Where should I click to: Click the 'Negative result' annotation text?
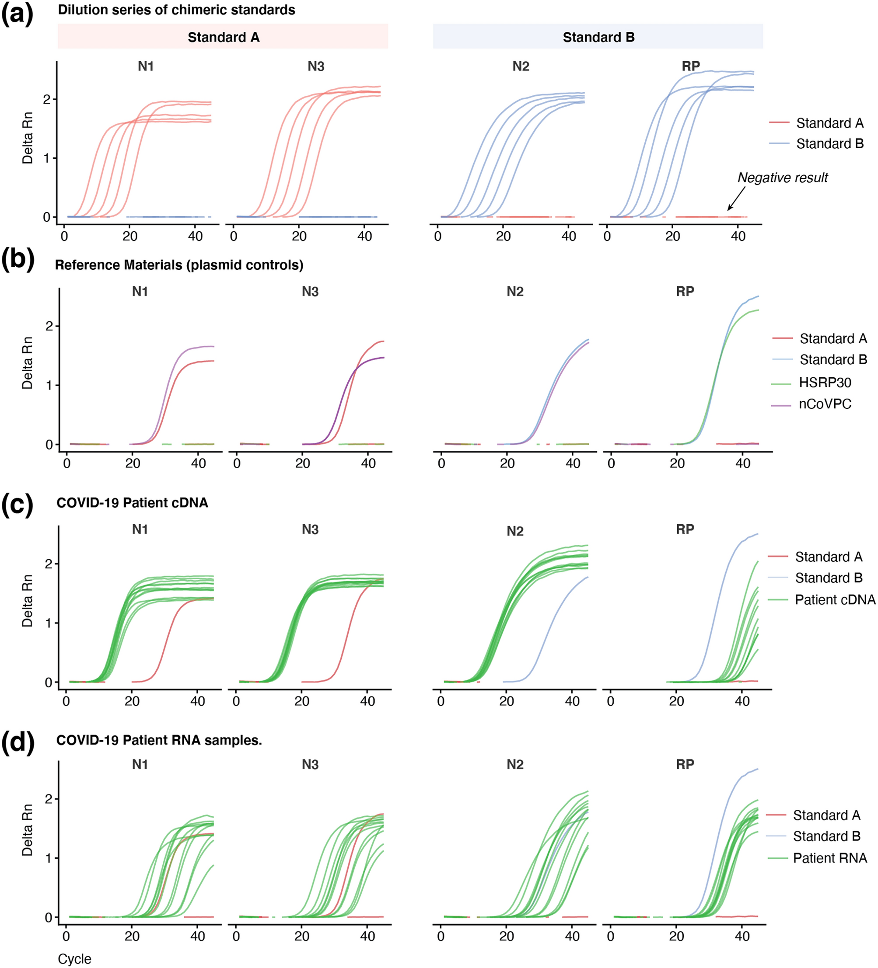[783, 178]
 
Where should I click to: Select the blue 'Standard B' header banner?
[598, 36]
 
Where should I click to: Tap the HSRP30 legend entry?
[825, 383]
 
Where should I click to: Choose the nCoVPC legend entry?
[825, 404]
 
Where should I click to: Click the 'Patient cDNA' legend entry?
[835, 600]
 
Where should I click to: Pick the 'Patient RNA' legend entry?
[829, 858]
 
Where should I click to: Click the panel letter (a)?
[17, 14]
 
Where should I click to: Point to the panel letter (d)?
[18, 743]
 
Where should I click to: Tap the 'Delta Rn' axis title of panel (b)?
[28, 362]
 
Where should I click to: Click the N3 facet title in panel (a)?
[315, 66]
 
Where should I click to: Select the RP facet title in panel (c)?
[685, 529]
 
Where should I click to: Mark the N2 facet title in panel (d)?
[515, 764]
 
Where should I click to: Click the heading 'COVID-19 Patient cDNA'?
[133, 503]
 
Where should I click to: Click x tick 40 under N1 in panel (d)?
[197, 937]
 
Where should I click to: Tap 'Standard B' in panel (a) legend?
[829, 143]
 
